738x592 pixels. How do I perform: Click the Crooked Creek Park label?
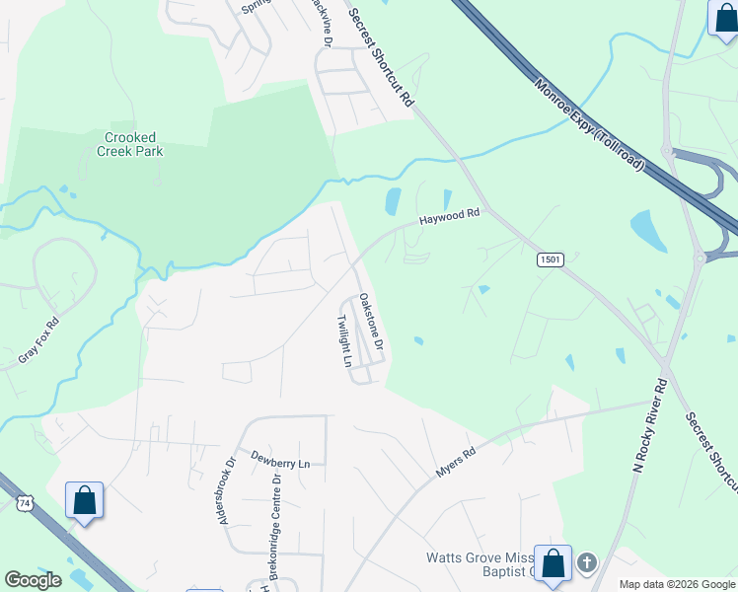(130, 144)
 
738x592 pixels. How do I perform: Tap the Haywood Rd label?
(449, 216)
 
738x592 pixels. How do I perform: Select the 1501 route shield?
(552, 259)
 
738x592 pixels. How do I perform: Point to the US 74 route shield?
(24, 503)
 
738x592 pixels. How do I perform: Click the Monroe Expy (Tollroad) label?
(590, 127)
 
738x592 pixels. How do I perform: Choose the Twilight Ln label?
(344, 341)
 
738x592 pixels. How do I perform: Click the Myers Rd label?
(456, 464)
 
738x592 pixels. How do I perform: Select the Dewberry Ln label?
(280, 462)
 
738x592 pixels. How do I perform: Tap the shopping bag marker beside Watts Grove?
(553, 563)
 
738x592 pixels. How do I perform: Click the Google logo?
(33, 580)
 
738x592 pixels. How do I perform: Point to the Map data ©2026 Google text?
(677, 584)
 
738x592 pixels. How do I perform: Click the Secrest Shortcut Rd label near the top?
(381, 59)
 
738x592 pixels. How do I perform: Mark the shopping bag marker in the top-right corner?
(723, 20)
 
